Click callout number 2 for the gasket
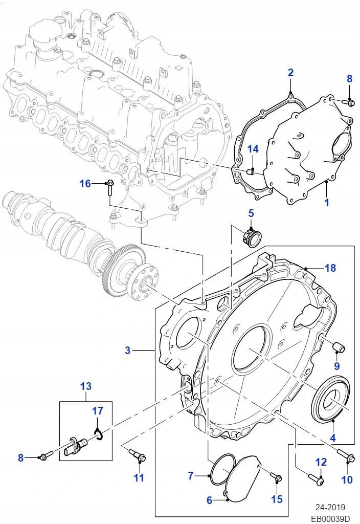click(x=290, y=72)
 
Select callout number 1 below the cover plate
click(x=326, y=203)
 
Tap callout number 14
click(x=253, y=149)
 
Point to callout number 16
click(x=85, y=183)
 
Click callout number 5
click(x=251, y=212)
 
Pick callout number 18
click(x=330, y=268)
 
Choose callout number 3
click(x=128, y=351)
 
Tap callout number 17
click(x=98, y=410)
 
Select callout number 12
click(x=321, y=462)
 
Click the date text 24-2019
click(x=330, y=508)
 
